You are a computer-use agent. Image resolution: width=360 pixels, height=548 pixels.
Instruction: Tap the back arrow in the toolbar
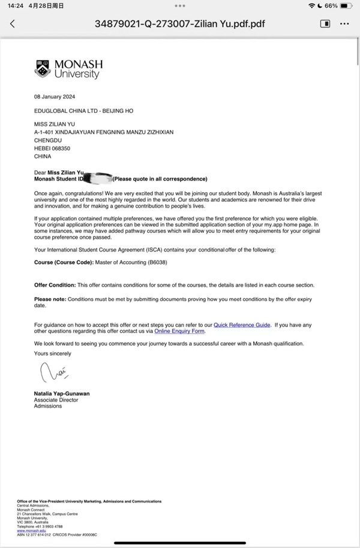tap(13, 24)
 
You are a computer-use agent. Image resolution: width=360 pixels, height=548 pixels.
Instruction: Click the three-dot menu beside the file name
tap(344, 24)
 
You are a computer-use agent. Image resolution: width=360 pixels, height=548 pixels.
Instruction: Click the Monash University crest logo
tap(43, 69)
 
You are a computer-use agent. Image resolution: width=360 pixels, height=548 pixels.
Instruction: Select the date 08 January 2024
tap(55, 97)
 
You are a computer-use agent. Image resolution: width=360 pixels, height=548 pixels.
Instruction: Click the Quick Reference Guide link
tap(242, 325)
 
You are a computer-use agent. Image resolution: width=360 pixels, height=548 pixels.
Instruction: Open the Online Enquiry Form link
tap(179, 331)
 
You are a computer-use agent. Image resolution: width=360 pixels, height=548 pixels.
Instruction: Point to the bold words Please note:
tap(50, 298)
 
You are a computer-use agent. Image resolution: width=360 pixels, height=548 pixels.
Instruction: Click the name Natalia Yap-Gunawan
tap(62, 394)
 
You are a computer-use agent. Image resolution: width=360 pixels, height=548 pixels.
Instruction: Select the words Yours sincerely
tap(53, 354)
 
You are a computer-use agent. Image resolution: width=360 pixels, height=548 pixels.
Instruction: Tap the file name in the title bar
tap(180, 24)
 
